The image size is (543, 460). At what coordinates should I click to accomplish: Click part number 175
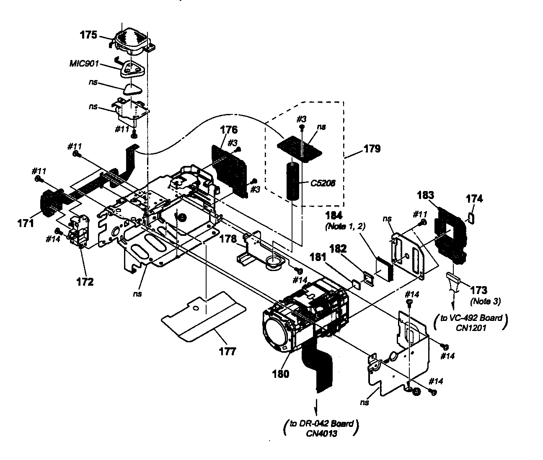[x=88, y=35]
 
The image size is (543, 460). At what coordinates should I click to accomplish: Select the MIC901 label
[x=84, y=63]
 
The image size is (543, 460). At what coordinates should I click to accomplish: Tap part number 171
[x=26, y=223]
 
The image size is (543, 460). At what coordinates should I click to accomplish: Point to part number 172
[x=85, y=282]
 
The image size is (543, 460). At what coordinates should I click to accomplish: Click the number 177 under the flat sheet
[x=228, y=351]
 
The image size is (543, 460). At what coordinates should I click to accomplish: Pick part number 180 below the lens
[x=281, y=374]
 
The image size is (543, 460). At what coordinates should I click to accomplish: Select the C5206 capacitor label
[x=323, y=183]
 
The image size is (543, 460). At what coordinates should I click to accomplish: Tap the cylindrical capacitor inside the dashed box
[x=292, y=181]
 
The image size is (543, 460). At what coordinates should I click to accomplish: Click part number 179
[x=372, y=149]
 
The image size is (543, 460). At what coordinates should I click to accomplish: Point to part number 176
[x=228, y=129]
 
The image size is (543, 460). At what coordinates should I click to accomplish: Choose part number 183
[x=426, y=195]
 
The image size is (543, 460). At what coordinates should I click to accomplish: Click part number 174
[x=474, y=199]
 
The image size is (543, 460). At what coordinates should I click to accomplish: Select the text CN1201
[x=471, y=328]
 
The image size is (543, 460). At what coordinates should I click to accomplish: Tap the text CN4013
[x=321, y=433]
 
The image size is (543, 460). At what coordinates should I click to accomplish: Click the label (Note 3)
[x=486, y=301]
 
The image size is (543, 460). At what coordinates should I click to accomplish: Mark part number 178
[x=228, y=239]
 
